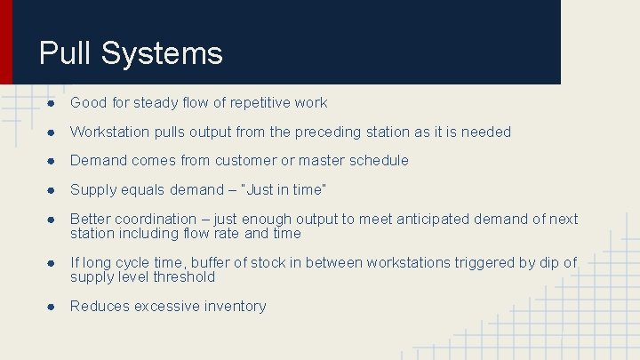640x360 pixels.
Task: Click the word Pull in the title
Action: click(66, 53)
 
